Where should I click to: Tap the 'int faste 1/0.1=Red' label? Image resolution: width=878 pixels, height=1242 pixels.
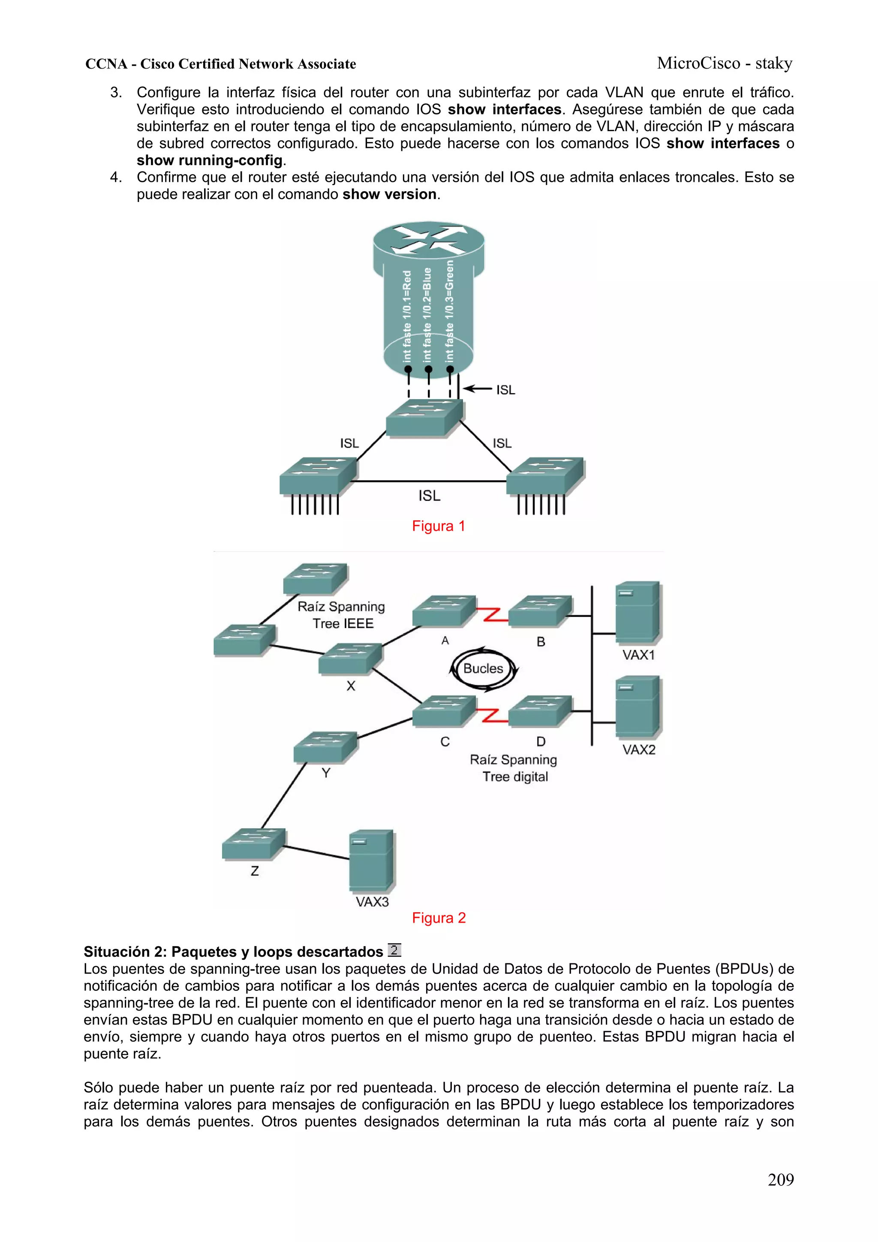[407, 316]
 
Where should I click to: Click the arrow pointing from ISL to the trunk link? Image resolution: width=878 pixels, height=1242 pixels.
[477, 389]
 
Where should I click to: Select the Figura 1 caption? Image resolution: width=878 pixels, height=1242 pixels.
[438, 526]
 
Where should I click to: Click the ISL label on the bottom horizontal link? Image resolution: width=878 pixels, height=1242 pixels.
[429, 496]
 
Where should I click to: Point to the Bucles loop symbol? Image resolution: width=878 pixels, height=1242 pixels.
[483, 669]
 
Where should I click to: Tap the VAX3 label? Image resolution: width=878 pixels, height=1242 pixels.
[372, 902]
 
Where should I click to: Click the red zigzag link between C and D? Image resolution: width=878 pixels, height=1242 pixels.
[492, 715]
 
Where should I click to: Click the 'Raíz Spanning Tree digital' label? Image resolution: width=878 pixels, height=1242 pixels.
[514, 768]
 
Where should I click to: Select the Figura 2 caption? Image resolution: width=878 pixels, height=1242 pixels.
[438, 918]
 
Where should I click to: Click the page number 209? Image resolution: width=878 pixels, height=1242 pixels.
[780, 1179]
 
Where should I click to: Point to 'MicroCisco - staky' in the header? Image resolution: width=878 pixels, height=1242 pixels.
[725, 63]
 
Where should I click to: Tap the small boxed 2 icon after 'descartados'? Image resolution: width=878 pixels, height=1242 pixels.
[394, 950]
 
